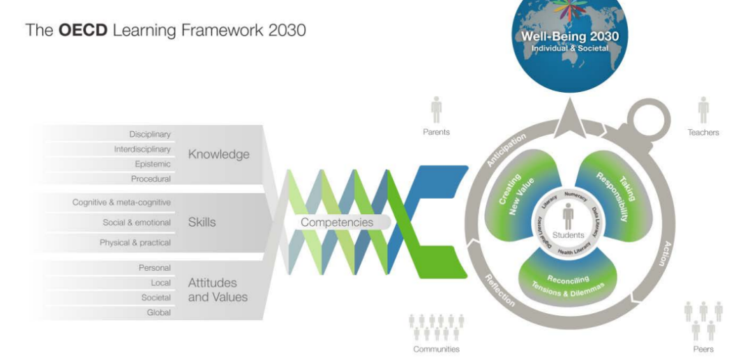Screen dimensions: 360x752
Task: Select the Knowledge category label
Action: (218, 155)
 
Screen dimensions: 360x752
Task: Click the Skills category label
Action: (202, 222)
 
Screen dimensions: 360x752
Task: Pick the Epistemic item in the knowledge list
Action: (153, 164)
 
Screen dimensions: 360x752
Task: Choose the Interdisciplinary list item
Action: (142, 149)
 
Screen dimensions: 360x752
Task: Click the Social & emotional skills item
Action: (137, 223)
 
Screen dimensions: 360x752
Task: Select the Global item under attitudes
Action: (158, 313)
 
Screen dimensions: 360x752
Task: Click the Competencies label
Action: (337, 223)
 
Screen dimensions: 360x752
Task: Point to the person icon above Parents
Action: (437, 110)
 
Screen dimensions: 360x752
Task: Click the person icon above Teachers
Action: (704, 110)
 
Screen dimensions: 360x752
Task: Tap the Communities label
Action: (436, 349)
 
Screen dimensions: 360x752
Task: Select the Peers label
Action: (703, 349)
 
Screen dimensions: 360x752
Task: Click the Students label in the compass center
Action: (568, 235)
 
